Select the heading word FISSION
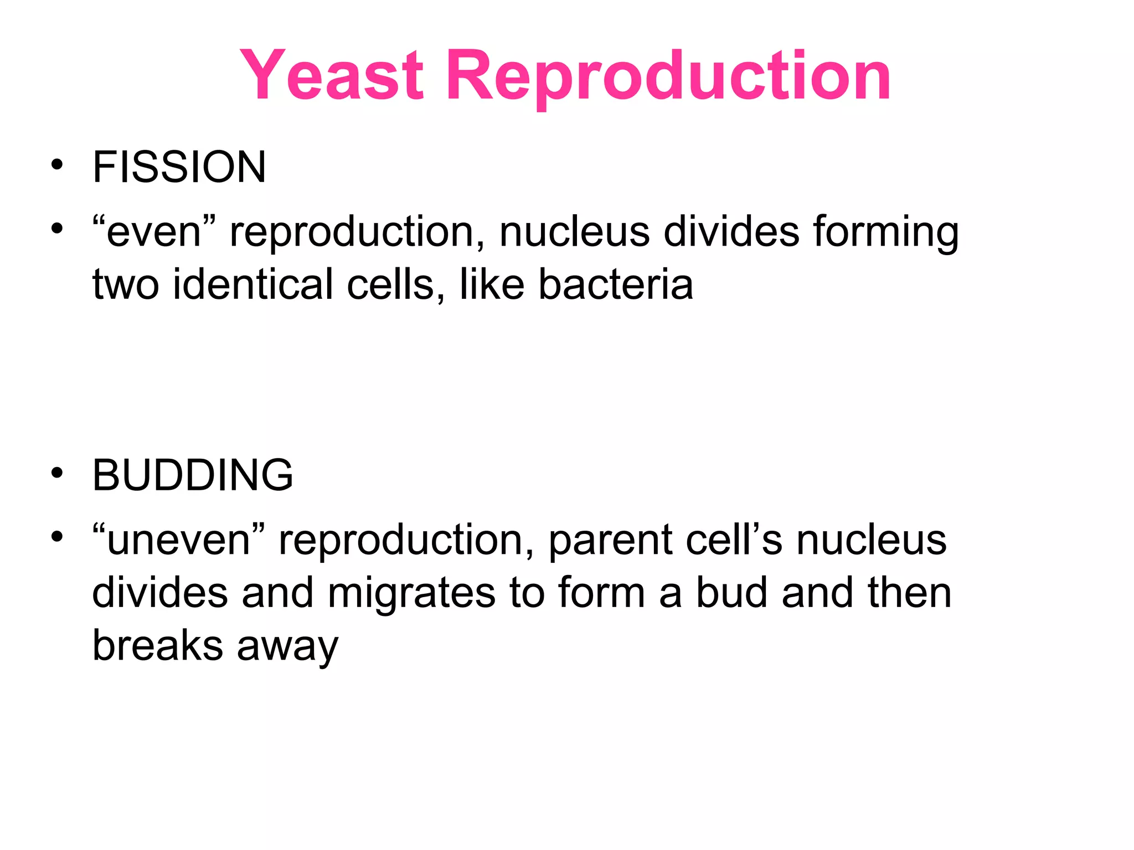click(x=179, y=167)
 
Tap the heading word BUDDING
click(x=193, y=475)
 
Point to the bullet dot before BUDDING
click(x=57, y=473)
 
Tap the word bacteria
click(x=616, y=284)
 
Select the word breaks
click(x=157, y=645)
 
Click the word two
click(x=126, y=284)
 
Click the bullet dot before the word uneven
click(x=57, y=537)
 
